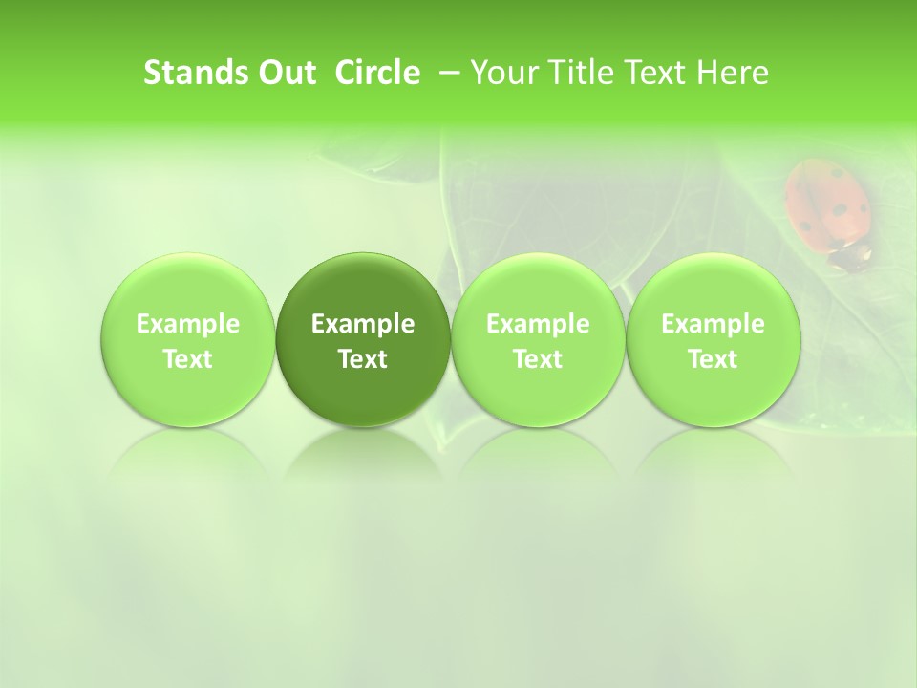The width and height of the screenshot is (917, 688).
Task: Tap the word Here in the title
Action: [733, 73]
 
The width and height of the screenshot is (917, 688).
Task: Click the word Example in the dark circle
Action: [363, 325]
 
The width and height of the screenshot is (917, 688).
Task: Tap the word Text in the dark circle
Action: [363, 359]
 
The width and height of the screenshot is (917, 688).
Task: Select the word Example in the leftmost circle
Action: [188, 325]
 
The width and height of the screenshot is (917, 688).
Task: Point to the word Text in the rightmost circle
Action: [713, 359]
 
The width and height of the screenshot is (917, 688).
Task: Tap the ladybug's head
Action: [851, 256]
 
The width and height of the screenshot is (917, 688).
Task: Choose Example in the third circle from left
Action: [538, 325]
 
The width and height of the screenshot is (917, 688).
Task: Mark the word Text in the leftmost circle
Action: [188, 359]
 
